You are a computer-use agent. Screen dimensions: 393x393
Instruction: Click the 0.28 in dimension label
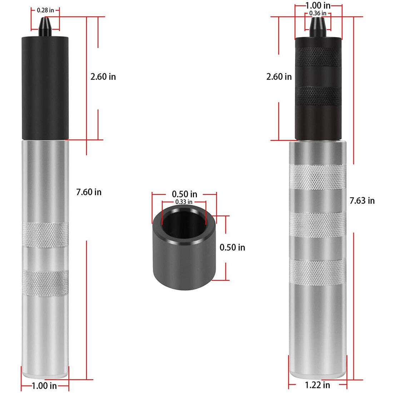click(45, 10)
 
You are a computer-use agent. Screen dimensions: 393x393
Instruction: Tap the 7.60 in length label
click(89, 192)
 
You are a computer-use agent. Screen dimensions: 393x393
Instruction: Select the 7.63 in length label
click(362, 201)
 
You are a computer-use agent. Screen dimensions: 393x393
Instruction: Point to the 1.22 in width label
click(317, 385)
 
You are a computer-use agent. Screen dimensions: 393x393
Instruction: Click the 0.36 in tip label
click(318, 13)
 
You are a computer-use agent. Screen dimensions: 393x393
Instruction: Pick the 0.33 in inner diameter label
click(184, 202)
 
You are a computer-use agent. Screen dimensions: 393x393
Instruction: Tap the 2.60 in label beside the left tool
click(103, 77)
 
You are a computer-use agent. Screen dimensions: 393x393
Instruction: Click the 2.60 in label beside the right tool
click(279, 77)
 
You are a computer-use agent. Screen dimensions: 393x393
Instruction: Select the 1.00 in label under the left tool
click(44, 385)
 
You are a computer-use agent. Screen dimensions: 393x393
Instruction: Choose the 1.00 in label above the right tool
click(318, 5)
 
